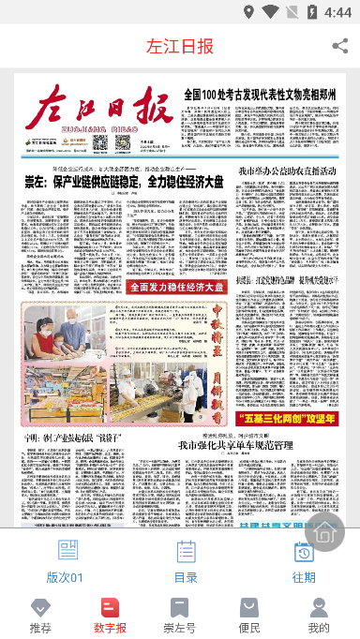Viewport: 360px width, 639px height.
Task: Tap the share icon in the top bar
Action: pyautogui.click(x=339, y=45)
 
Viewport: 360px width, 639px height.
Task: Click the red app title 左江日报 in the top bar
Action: pyautogui.click(x=180, y=46)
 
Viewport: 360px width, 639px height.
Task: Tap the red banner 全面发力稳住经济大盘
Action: pyautogui.click(x=176, y=287)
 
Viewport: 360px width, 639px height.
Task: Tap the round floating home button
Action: pyautogui.click(x=324, y=531)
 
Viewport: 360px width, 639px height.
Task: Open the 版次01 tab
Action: pyautogui.click(x=66, y=561)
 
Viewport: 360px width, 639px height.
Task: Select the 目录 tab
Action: pyautogui.click(x=186, y=561)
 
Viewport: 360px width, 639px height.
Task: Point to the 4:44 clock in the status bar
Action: pyautogui.click(x=337, y=13)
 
